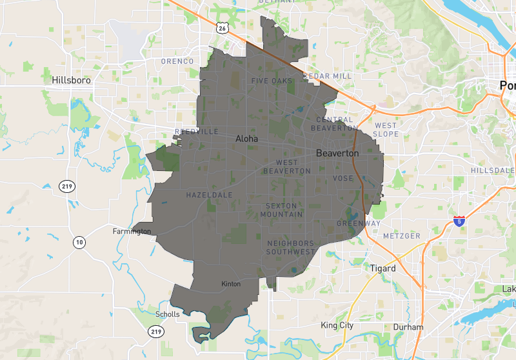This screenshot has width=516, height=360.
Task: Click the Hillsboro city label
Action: pyautogui.click(x=71, y=81)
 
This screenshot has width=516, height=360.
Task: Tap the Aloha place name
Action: pyautogui.click(x=246, y=139)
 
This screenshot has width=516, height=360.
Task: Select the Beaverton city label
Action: pyautogui.click(x=337, y=154)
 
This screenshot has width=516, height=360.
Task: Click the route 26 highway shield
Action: pyautogui.click(x=223, y=28)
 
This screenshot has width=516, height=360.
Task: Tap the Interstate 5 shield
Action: pyautogui.click(x=459, y=221)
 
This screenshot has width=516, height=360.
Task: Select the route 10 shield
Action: pyautogui.click(x=79, y=243)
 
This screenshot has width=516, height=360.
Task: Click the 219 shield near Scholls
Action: pyautogui.click(x=155, y=331)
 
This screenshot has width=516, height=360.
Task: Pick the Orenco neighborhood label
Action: pyautogui.click(x=177, y=61)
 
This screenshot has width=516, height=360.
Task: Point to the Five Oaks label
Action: pyautogui.click(x=272, y=81)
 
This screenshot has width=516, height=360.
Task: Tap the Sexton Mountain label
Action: pyautogui.click(x=283, y=210)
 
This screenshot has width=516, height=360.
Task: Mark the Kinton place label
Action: pyautogui.click(x=231, y=284)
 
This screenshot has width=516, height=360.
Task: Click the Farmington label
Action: pyautogui.click(x=132, y=231)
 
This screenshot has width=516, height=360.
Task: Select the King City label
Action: pyautogui.click(x=337, y=325)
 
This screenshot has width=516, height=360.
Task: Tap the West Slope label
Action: pyautogui.click(x=386, y=130)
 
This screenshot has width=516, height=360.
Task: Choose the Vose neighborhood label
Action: pyautogui.click(x=342, y=178)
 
